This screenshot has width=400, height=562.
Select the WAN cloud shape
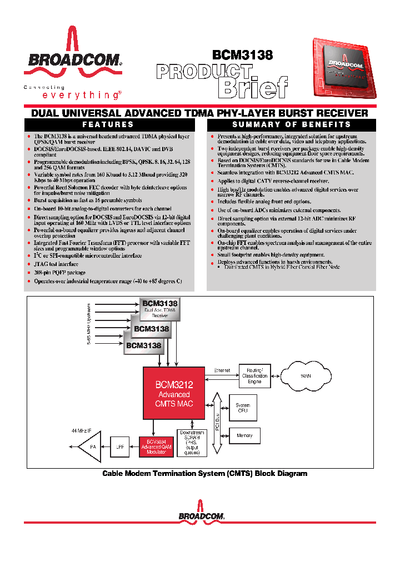[x=305, y=376]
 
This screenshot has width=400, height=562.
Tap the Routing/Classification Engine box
[x=254, y=376]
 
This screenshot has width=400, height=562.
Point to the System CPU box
[x=243, y=408]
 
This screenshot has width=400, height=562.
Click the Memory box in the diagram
[x=244, y=436]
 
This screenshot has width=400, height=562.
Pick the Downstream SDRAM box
[x=192, y=443]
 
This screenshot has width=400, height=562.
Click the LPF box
[x=120, y=446]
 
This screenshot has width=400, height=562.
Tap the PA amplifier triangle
[x=91, y=446]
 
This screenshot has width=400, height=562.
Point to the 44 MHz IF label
[x=82, y=431]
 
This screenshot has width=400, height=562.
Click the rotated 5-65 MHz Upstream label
[x=88, y=325]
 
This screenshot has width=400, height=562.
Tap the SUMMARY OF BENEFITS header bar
[x=291, y=125]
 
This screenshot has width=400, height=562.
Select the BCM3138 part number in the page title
[x=242, y=55]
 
